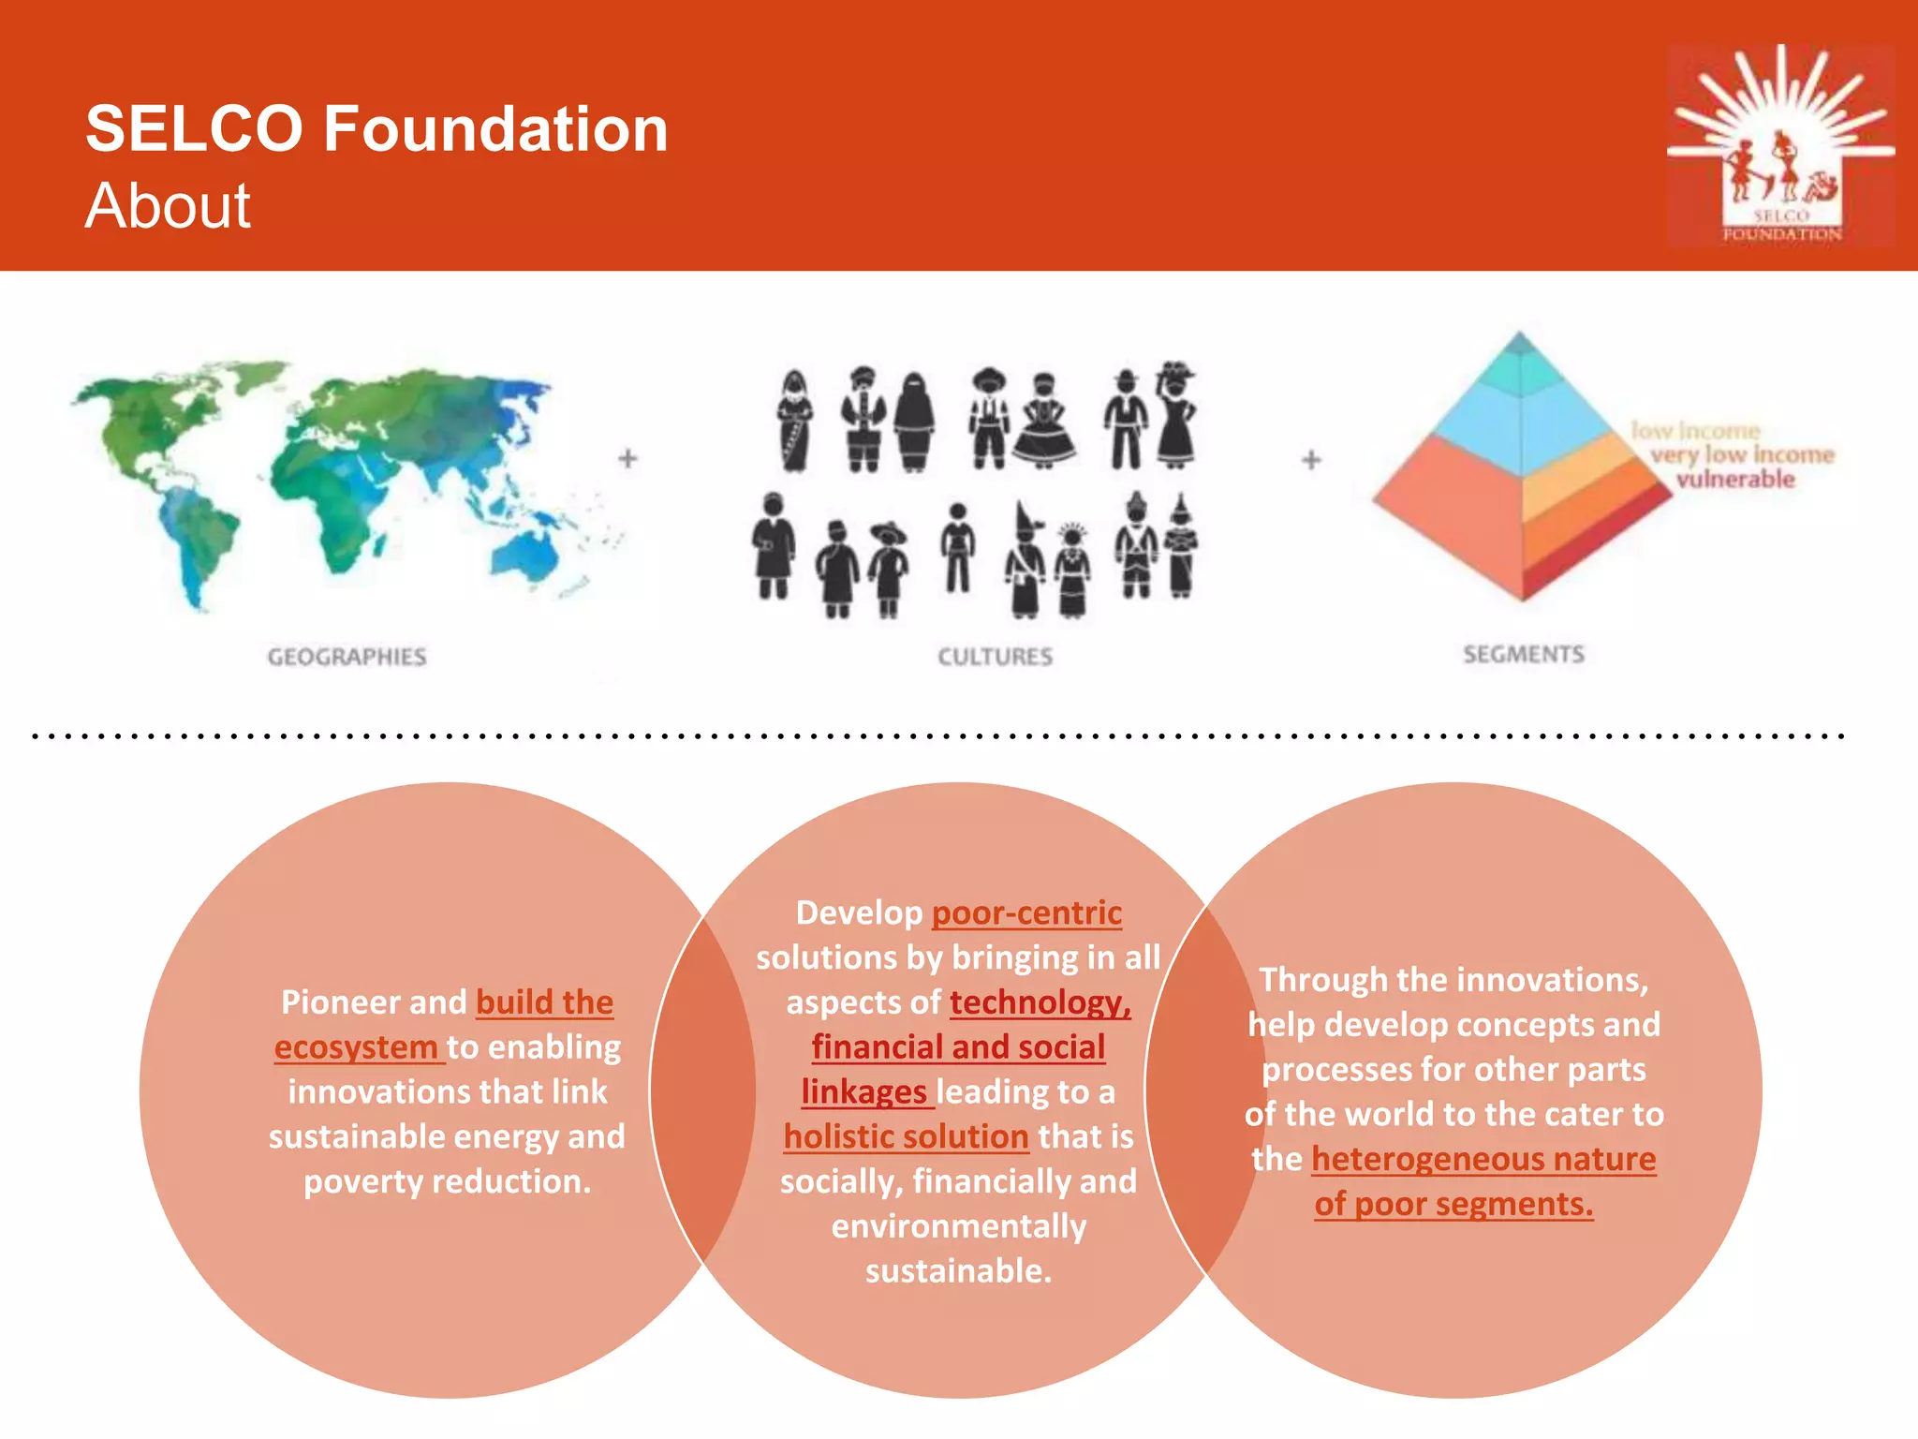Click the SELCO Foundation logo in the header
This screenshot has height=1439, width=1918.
[x=1780, y=145]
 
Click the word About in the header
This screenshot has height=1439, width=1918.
[x=168, y=206]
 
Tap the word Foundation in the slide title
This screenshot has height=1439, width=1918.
[x=495, y=128]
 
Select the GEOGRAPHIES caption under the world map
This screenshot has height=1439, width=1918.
[x=347, y=657]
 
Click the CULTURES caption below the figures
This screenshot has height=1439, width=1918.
[x=995, y=657]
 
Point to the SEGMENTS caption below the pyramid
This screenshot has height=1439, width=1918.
[x=1524, y=654]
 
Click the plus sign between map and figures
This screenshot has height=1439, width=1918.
[x=628, y=458]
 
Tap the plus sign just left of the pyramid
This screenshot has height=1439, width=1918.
[x=1311, y=459]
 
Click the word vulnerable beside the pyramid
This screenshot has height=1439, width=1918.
[x=1735, y=480]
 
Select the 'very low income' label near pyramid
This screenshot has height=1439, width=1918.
[x=1742, y=455]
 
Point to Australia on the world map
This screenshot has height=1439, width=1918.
[x=529, y=553]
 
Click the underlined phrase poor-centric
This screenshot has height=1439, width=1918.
[x=1026, y=912]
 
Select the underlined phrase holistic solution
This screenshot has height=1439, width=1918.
[x=906, y=1136]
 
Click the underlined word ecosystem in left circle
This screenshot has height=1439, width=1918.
[x=356, y=1046]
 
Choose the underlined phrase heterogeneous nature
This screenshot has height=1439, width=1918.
[x=1483, y=1159]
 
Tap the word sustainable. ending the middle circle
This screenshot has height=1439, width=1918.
[x=958, y=1271]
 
